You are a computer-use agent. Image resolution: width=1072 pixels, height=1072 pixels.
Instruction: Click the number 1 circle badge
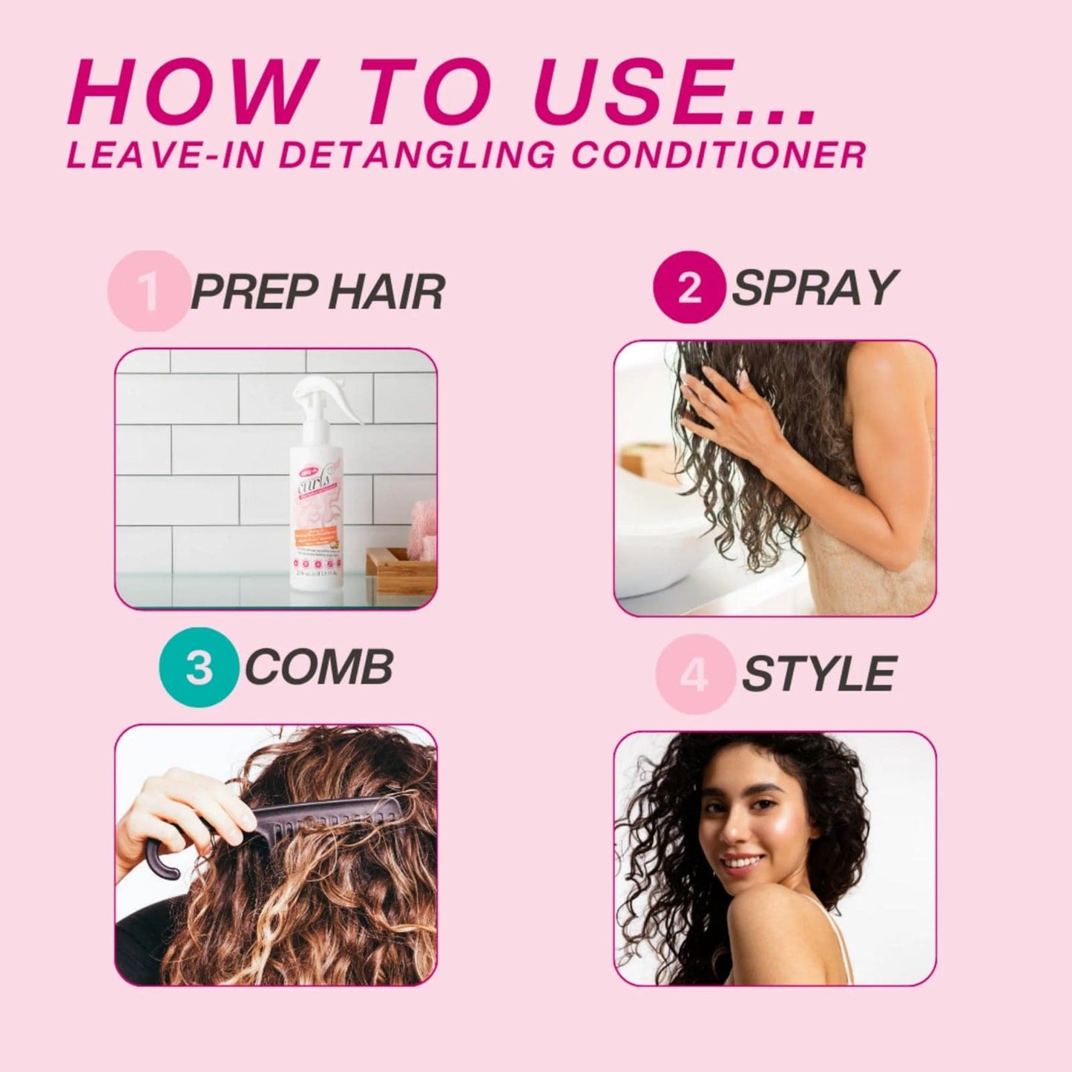click(x=148, y=291)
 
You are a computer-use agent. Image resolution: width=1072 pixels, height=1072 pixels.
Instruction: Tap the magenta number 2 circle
click(x=688, y=288)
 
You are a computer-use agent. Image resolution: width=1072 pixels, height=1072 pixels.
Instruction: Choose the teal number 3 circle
click(x=198, y=667)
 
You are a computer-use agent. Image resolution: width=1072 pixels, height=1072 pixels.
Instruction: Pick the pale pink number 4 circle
click(x=694, y=674)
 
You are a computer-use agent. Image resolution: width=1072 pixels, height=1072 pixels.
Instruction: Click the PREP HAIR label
click(x=318, y=292)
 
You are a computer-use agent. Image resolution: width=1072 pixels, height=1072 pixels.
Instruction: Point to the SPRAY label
click(x=814, y=288)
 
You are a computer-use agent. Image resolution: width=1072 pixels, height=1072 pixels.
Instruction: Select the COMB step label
click(x=318, y=667)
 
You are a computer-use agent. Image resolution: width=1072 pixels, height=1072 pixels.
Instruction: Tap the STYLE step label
click(x=819, y=674)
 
